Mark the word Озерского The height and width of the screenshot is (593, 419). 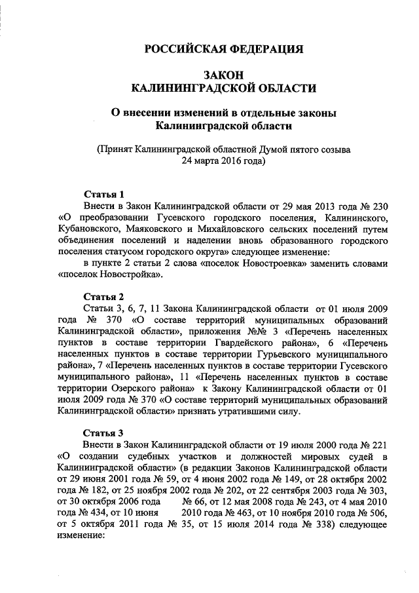[x=138, y=389]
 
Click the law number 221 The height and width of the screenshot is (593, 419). [x=378, y=445]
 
